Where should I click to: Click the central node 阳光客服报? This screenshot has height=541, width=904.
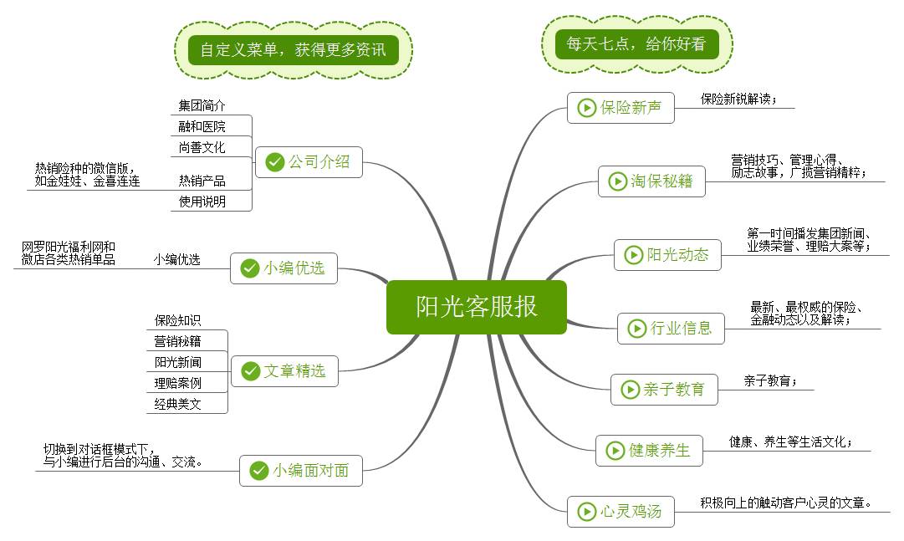click(x=476, y=307)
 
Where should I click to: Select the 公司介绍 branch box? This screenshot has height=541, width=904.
click(x=309, y=162)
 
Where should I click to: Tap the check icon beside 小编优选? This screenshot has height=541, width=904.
click(x=249, y=268)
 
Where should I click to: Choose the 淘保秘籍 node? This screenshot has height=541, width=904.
click(x=651, y=181)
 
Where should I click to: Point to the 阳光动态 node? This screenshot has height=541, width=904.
click(x=667, y=255)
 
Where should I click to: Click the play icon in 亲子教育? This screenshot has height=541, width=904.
click(x=630, y=390)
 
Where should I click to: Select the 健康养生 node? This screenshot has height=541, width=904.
click(x=649, y=451)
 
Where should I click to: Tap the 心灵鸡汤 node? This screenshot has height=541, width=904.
click(x=621, y=512)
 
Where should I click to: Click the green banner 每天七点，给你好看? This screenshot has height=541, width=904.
click(x=636, y=44)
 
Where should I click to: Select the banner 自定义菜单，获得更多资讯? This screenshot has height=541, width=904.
click(x=294, y=49)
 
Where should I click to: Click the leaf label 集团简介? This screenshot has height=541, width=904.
click(x=202, y=106)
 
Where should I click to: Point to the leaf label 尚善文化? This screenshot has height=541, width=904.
click(x=202, y=148)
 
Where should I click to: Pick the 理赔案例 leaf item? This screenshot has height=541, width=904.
click(x=177, y=384)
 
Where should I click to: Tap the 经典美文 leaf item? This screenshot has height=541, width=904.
click(x=177, y=405)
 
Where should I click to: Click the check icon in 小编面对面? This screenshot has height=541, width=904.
click(x=258, y=471)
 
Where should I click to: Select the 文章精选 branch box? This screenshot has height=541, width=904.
click(x=284, y=370)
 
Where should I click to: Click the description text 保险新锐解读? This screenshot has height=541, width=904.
click(x=738, y=100)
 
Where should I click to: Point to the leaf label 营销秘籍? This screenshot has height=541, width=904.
click(x=177, y=341)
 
